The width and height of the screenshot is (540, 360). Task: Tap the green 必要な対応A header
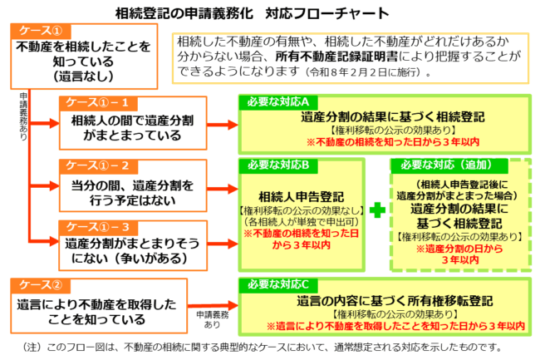tap(274, 101)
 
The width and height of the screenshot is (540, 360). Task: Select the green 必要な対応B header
tap(274, 165)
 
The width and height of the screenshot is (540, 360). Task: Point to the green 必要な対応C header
tap(274, 284)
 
